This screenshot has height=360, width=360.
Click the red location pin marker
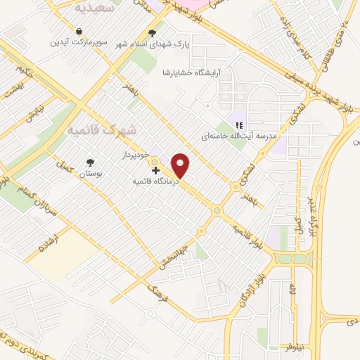(181, 165)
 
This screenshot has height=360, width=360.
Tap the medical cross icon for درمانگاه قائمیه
(155, 170)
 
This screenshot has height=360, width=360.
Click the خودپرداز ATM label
(136, 153)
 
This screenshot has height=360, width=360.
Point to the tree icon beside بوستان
(89, 162)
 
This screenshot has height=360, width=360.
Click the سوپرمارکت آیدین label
(78, 42)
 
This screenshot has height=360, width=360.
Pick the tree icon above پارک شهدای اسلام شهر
(153, 32)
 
